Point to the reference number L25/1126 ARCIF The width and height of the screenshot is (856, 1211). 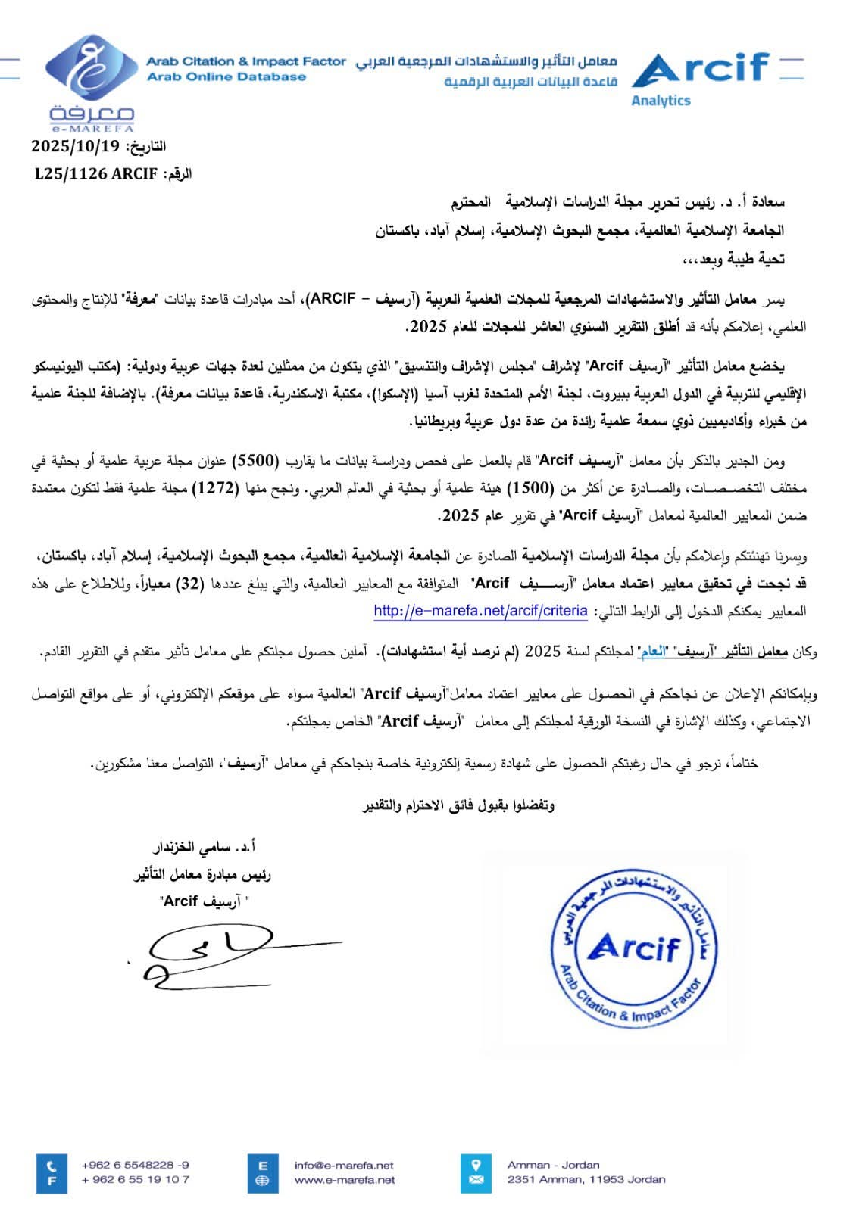point(96,174)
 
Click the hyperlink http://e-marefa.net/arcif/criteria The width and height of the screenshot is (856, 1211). point(480,611)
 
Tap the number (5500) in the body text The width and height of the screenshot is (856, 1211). point(255,460)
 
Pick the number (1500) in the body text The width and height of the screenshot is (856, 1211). point(530,488)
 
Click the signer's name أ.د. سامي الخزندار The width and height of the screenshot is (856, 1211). point(205,846)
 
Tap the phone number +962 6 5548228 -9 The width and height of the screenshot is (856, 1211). point(136,1165)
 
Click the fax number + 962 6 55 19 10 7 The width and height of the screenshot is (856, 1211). point(136,1179)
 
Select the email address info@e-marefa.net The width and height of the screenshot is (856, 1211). point(344,1165)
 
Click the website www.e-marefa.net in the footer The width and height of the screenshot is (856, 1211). point(344,1179)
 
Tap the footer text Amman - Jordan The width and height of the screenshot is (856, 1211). point(553,1165)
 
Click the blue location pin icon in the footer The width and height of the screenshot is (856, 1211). point(476,1164)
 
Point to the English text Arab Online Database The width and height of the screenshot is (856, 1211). point(226,76)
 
